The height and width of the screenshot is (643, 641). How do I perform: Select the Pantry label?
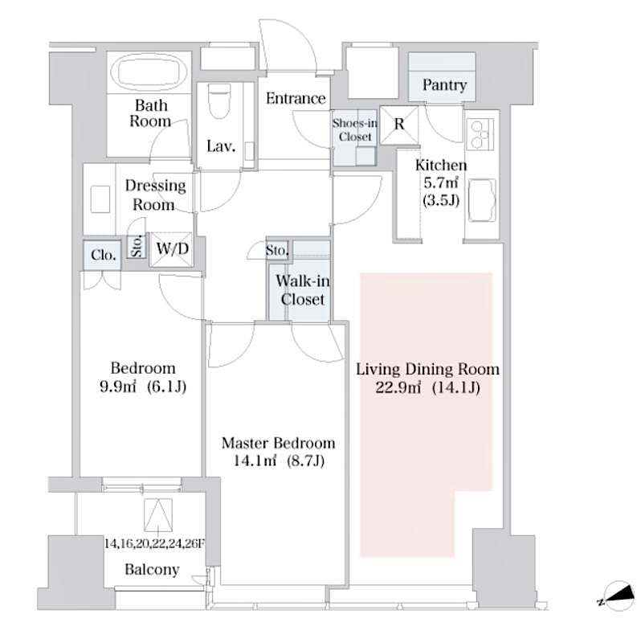444,85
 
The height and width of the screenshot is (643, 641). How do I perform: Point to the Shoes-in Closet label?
353,129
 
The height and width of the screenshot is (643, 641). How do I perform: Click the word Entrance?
296,99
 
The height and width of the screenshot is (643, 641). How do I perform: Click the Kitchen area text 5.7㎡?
440,183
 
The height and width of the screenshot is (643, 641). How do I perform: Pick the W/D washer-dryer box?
173,249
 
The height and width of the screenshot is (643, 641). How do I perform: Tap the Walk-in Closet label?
300,290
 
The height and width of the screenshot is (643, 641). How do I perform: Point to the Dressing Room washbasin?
100,199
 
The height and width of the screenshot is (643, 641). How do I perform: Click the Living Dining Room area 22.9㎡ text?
427,388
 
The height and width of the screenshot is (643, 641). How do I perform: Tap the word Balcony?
152,570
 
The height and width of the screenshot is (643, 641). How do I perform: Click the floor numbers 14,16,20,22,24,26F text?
154,543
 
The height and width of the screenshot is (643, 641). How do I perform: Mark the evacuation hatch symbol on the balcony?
158,512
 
